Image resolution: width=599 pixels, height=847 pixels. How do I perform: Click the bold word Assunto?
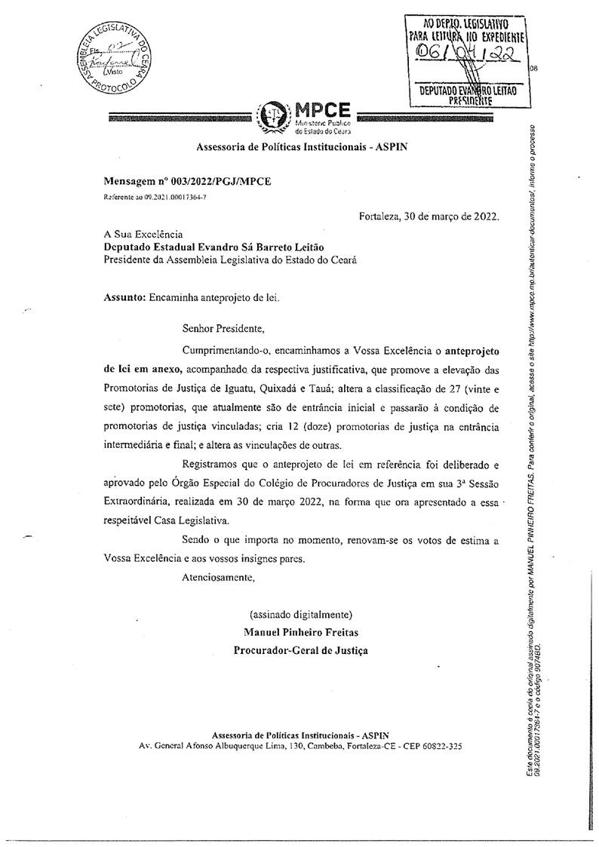(124, 297)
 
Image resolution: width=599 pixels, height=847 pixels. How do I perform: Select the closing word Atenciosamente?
(219, 578)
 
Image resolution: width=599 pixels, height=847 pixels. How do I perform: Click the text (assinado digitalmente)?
(301, 613)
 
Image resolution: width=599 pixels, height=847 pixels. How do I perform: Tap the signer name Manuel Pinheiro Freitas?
(301, 631)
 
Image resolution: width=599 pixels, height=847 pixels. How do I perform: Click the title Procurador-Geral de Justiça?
(301, 649)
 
